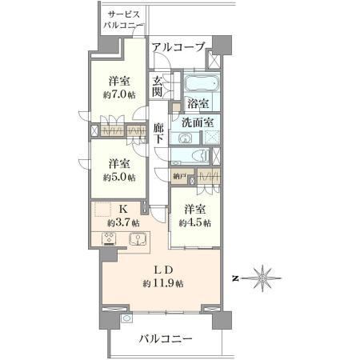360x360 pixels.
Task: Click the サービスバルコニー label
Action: pos(123,20)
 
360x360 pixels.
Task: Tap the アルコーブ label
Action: pos(179,47)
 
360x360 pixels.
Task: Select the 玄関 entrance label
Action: pos(158,86)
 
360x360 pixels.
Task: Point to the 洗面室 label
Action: pos(198,122)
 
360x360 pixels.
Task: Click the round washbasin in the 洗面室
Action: pos(184,138)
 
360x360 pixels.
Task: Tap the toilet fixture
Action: pos(202,155)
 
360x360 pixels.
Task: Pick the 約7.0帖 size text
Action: pos(119,95)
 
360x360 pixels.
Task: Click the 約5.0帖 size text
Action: pos(119,178)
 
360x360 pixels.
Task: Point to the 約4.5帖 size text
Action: pos(195,222)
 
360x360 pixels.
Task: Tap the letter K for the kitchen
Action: pos(123,210)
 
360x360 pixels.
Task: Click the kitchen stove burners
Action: pos(109,238)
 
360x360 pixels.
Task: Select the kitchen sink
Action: pos(138,238)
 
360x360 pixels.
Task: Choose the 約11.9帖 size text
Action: pos(163,283)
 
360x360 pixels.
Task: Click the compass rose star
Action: pos(263,278)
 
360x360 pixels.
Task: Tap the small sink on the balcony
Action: pos(126,318)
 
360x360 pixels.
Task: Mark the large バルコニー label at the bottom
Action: pos(166,339)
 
